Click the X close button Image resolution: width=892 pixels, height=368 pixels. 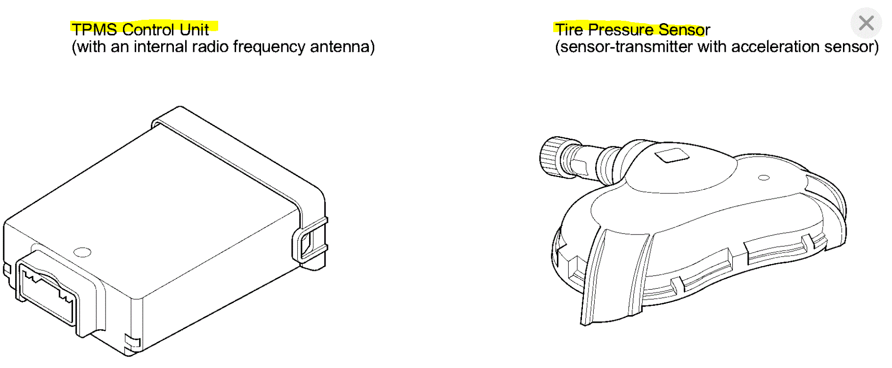[866, 23]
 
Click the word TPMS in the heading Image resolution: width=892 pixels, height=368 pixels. [94, 30]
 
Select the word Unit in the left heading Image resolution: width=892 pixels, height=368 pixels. [194, 30]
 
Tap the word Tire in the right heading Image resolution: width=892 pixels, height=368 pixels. [569, 30]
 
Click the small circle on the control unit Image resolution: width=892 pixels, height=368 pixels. [82, 252]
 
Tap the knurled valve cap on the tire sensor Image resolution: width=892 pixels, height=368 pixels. [551, 158]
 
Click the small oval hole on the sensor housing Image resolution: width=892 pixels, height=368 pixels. [764, 178]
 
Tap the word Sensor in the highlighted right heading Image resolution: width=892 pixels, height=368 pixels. [684, 30]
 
